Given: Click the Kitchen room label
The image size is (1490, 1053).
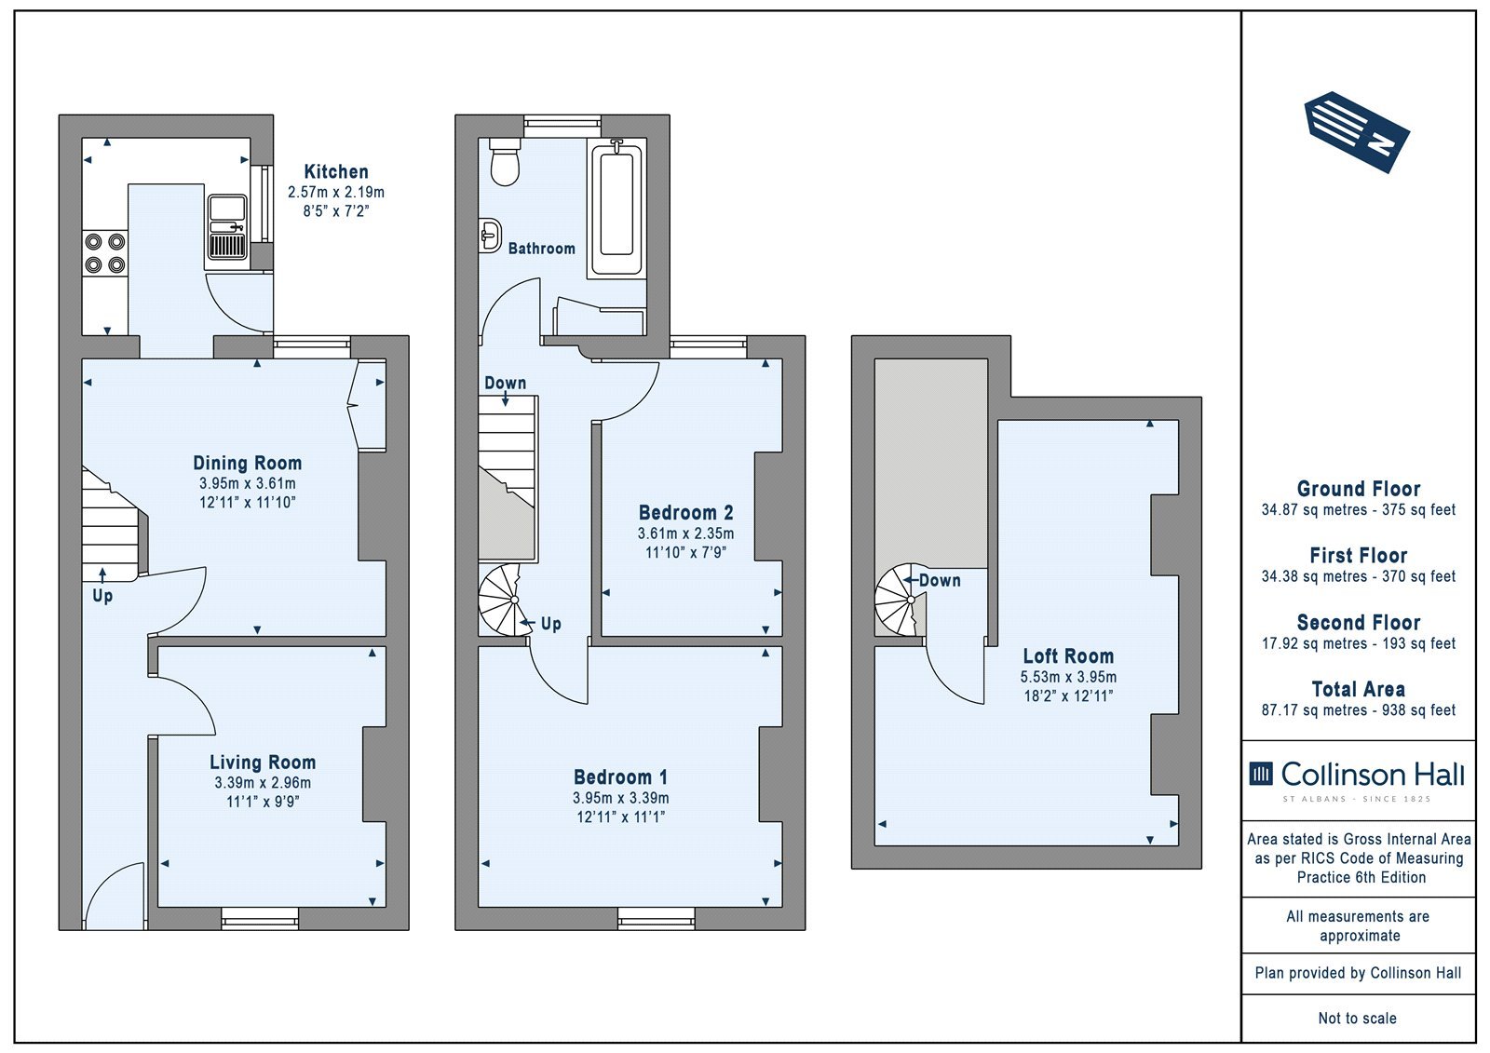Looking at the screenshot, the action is (336, 171).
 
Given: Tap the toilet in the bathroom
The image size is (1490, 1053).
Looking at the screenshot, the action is (504, 162).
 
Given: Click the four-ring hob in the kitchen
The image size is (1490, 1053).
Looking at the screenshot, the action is (105, 252).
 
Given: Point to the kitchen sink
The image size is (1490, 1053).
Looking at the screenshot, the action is (227, 227).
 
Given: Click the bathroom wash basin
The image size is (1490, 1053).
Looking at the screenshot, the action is (490, 236).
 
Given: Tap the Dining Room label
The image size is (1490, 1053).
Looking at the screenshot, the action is (248, 463).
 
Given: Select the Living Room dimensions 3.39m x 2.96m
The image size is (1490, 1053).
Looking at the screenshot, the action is (263, 783).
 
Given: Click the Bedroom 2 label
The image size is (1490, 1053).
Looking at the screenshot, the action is (685, 513).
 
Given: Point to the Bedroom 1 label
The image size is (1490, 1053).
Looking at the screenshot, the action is (620, 776).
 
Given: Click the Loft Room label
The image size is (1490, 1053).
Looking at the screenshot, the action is (1068, 655).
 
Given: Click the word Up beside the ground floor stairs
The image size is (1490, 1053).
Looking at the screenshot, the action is (102, 595).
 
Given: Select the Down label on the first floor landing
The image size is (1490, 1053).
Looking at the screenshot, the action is (505, 383).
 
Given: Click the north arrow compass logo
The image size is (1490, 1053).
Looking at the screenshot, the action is (1357, 131).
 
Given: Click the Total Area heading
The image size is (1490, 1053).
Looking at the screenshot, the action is (1359, 689).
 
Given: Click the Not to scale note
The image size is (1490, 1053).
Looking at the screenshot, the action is (1357, 1018).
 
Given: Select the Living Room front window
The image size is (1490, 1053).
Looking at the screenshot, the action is (260, 918).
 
